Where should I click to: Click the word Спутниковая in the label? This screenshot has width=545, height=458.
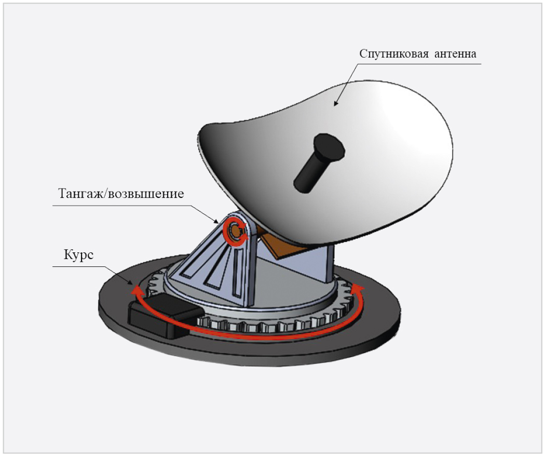(x=394, y=54)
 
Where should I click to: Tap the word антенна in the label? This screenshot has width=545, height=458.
(x=455, y=54)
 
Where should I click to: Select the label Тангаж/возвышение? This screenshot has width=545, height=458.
(x=121, y=193)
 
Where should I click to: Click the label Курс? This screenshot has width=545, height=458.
(x=78, y=255)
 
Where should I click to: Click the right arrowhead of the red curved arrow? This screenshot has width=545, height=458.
(x=358, y=287)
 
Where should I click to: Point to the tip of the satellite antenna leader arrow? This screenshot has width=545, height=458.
(x=335, y=105)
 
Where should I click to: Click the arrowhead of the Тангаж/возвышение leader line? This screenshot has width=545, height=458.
(x=217, y=223)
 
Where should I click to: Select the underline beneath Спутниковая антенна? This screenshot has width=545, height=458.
(x=419, y=64)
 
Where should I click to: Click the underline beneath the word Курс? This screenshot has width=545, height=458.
(x=79, y=267)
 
